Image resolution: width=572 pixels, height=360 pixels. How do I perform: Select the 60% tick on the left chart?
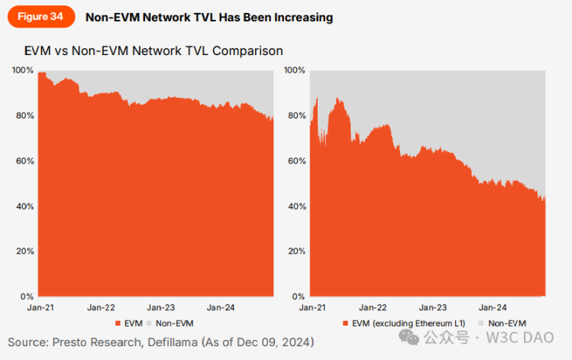(x=24, y=161)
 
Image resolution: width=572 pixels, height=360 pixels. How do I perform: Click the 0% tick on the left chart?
(x=27, y=297)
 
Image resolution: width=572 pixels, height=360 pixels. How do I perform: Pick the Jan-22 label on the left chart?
(x=100, y=307)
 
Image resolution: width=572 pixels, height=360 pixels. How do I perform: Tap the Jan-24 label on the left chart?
(x=220, y=307)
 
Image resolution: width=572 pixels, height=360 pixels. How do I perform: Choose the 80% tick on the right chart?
(x=296, y=116)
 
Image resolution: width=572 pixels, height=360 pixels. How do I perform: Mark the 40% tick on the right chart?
(x=296, y=206)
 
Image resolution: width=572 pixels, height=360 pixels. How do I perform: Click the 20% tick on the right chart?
(x=296, y=251)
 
